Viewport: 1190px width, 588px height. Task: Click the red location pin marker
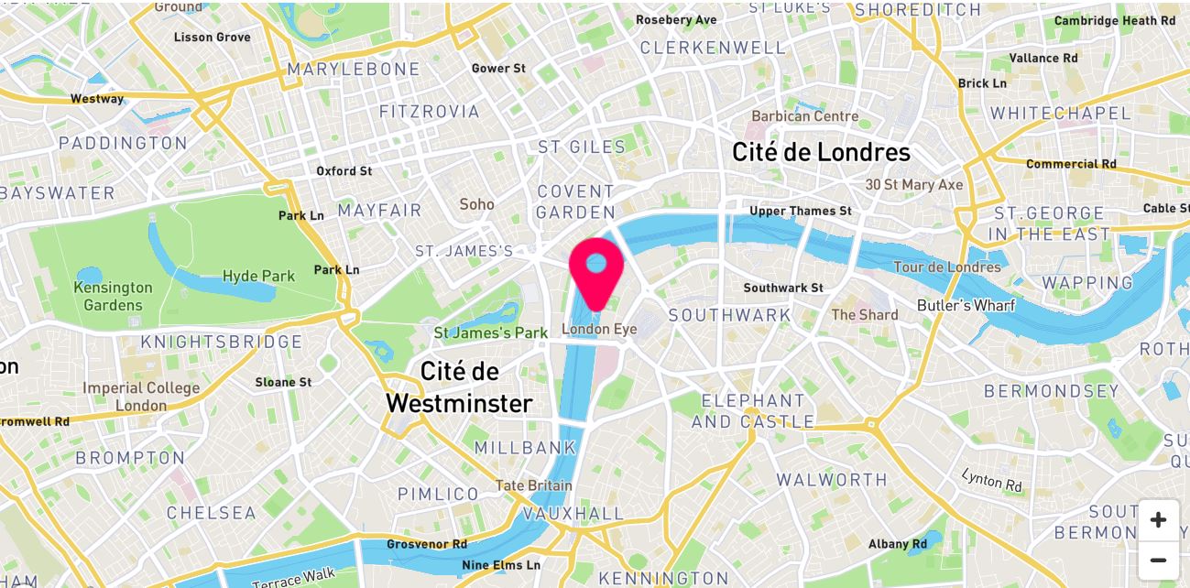point(596,267)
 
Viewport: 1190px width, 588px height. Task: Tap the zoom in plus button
point(1158,520)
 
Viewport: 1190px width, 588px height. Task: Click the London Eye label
point(599,330)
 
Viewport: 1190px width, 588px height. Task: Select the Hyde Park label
point(259,276)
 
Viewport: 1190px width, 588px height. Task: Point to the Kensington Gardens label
point(114,296)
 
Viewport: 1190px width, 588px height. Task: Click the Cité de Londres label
point(821,152)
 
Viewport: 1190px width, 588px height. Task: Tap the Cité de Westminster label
point(459,387)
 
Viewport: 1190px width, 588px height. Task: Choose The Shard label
point(865,315)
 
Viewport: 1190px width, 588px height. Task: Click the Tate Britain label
point(534,485)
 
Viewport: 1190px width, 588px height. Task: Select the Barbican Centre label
point(805,116)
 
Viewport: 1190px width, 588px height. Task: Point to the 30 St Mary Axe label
point(914,185)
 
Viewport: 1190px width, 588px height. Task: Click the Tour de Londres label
point(947,267)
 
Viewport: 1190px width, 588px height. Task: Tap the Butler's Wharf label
point(966,305)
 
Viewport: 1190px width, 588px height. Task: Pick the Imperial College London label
point(141,397)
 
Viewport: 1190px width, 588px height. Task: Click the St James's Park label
point(490,332)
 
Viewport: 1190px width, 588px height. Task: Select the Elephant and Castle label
point(752,411)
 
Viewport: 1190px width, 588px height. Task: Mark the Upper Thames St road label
point(800,212)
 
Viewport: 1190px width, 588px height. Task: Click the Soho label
point(476,204)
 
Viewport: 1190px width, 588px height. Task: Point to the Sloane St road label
point(283,382)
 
